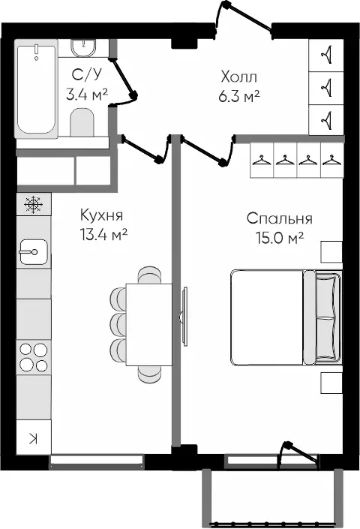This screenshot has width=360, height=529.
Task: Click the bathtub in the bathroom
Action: tap(36, 89)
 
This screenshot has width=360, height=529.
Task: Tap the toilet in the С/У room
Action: tap(82, 122)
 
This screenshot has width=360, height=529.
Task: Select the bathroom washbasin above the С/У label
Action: tap(83, 48)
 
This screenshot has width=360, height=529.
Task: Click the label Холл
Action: tap(239, 77)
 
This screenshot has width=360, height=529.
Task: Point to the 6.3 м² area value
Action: tap(239, 96)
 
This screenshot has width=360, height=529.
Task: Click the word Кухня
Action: tap(102, 215)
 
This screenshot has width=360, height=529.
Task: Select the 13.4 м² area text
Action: tap(103, 234)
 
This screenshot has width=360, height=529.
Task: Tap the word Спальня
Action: tap(280, 218)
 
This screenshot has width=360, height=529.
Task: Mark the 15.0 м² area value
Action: tap(280, 238)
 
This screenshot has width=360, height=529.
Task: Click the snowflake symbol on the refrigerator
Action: tap(34, 204)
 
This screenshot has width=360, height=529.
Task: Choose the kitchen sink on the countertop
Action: tap(34, 251)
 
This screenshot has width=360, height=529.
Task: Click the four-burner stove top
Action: tap(34, 357)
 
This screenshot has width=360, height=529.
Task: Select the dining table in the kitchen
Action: tap(149, 325)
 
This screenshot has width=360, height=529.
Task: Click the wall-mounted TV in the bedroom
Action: tap(184, 316)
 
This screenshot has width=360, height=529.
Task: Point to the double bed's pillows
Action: tap(327, 317)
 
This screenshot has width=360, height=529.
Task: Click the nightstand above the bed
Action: tap(331, 252)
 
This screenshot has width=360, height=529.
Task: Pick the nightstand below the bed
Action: tap(331, 383)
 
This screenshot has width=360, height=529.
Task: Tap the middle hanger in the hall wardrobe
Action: tap(327, 88)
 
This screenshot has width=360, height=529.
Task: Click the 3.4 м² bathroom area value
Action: tap(87, 95)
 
